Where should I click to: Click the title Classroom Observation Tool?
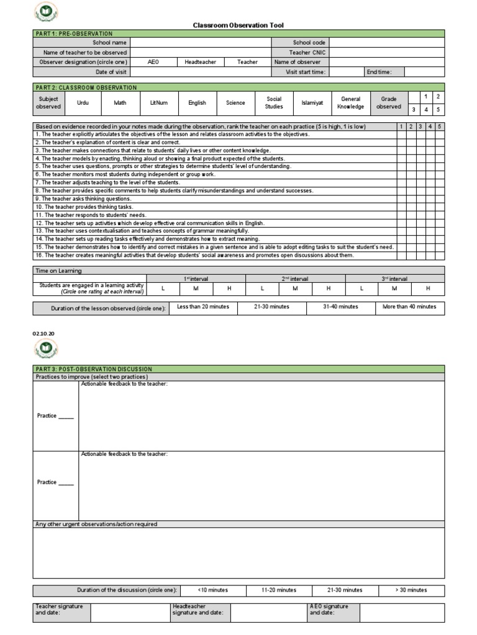pos(238,25)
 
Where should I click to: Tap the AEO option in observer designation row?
pos(153,62)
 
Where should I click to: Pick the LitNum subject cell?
pos(158,103)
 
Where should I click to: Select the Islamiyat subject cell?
pos(312,103)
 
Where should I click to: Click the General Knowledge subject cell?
pos(351,103)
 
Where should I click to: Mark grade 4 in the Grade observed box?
pos(425,110)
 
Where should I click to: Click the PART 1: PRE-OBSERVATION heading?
pos(74,33)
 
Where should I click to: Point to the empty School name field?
pos(200,43)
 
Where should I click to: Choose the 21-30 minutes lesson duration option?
pos(271,307)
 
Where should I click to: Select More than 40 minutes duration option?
pos(409,307)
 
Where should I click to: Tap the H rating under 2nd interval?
pos(329,288)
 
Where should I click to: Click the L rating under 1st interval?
pos(163,288)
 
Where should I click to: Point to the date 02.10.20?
pos(43,334)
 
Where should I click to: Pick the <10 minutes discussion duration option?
pos(212,590)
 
